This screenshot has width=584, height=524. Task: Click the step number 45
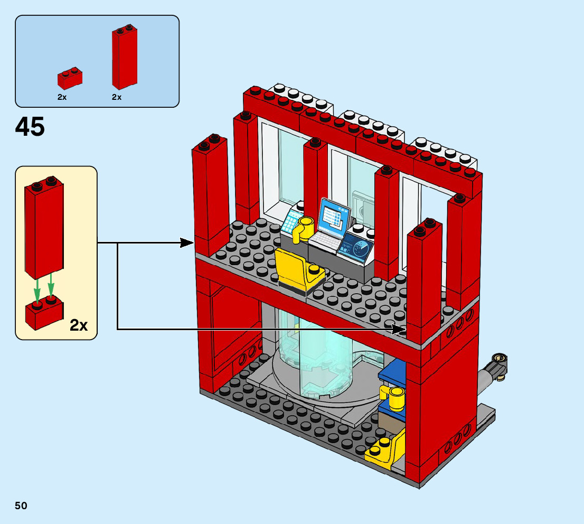click(x=30, y=127)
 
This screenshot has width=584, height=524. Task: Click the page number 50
click(x=21, y=506)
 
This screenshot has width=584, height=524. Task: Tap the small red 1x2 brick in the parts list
click(x=70, y=79)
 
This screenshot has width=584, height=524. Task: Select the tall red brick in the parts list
click(x=125, y=58)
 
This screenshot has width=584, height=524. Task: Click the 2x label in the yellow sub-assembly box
click(x=79, y=325)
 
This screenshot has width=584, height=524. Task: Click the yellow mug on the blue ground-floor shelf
click(x=393, y=398)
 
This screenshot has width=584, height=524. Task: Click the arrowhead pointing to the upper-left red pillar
click(x=187, y=243)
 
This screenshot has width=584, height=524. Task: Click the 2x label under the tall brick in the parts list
click(x=117, y=97)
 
